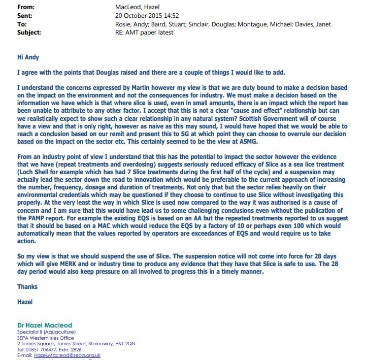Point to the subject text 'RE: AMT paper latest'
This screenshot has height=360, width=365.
point(145,32)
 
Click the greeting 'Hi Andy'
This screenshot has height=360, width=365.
point(28,57)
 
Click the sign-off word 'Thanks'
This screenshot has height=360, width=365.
point(27,286)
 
